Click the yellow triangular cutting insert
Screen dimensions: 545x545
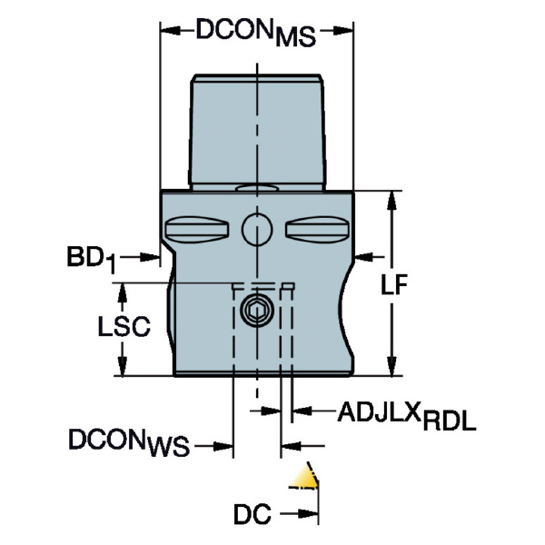307,479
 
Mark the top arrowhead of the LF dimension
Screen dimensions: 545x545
392,198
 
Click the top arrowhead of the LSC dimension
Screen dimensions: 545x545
120,289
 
